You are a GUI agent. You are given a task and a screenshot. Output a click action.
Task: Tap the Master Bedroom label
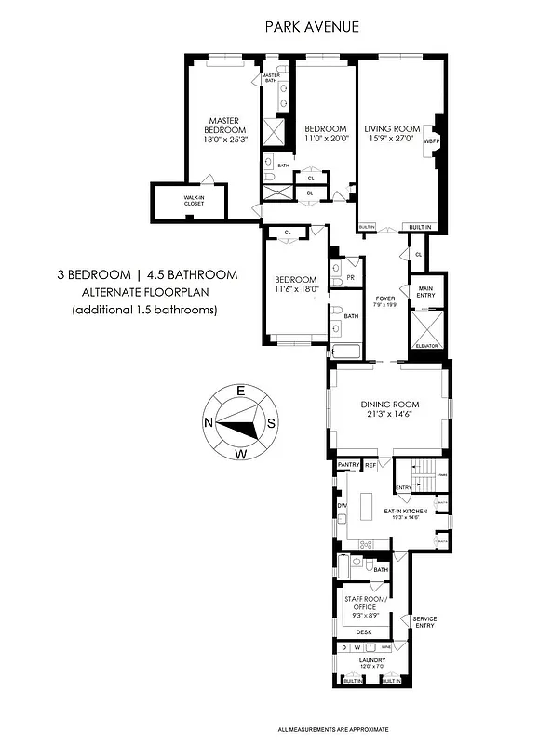point(224,125)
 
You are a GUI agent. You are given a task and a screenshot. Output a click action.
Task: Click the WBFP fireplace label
point(431,140)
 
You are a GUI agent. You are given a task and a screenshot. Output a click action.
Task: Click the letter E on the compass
point(239,392)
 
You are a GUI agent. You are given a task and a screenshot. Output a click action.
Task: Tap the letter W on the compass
point(240,454)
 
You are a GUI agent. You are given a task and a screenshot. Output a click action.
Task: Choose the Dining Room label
point(390,405)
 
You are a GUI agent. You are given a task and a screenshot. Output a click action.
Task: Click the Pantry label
point(348,463)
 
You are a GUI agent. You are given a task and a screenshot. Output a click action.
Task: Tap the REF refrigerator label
point(370,463)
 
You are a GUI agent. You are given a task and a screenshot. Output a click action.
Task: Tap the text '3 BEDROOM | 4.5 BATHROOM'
point(145,275)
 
